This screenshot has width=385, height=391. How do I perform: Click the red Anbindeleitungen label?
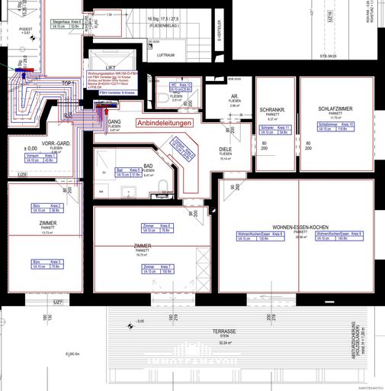click(165, 122)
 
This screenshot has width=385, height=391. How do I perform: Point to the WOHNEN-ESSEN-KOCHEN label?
click(300, 227)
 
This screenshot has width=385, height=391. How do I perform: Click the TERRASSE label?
click(224, 331)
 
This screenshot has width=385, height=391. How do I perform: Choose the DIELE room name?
click(226, 150)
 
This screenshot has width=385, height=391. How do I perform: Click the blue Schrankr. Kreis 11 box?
click(277, 130)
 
